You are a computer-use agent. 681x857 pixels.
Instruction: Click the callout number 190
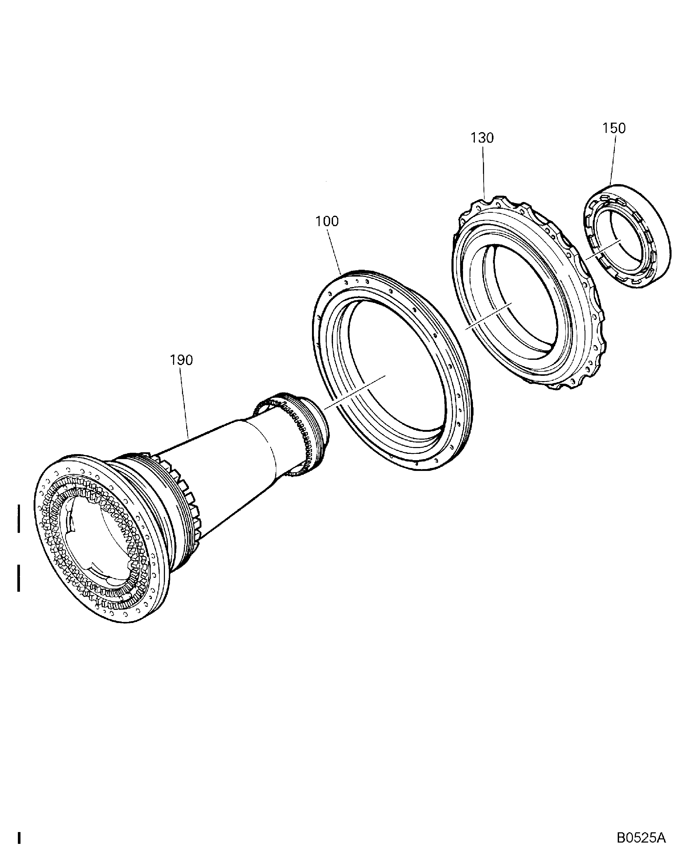[x=181, y=360]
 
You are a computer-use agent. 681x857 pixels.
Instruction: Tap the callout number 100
[x=327, y=221]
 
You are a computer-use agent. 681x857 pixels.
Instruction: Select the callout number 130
[x=482, y=138]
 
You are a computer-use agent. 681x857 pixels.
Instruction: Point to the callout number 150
[x=614, y=128]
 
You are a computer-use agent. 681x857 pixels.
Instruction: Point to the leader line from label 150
[x=612, y=159]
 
